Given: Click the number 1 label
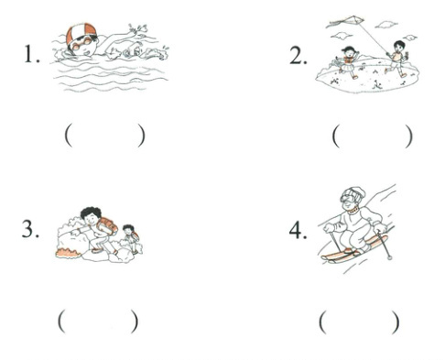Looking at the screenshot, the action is click(32, 55).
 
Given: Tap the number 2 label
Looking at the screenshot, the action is click(298, 56).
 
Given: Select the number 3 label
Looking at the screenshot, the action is click(30, 229).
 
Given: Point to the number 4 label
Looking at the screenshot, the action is click(298, 230).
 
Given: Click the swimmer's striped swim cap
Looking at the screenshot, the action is click(81, 32).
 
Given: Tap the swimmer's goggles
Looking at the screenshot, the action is click(81, 44).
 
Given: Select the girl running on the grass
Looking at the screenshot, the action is click(348, 62).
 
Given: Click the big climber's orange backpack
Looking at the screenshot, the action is click(107, 226).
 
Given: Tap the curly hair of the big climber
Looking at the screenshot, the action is click(91, 212).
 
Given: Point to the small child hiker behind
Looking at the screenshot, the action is click(131, 239).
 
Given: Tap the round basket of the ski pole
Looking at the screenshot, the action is click(389, 257).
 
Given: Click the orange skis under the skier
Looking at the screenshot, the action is click(354, 249).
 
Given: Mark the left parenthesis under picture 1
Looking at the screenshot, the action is click(69, 136).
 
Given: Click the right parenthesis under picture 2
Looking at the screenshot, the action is click(408, 136).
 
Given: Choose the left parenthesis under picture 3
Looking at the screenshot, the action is click(61, 321).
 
